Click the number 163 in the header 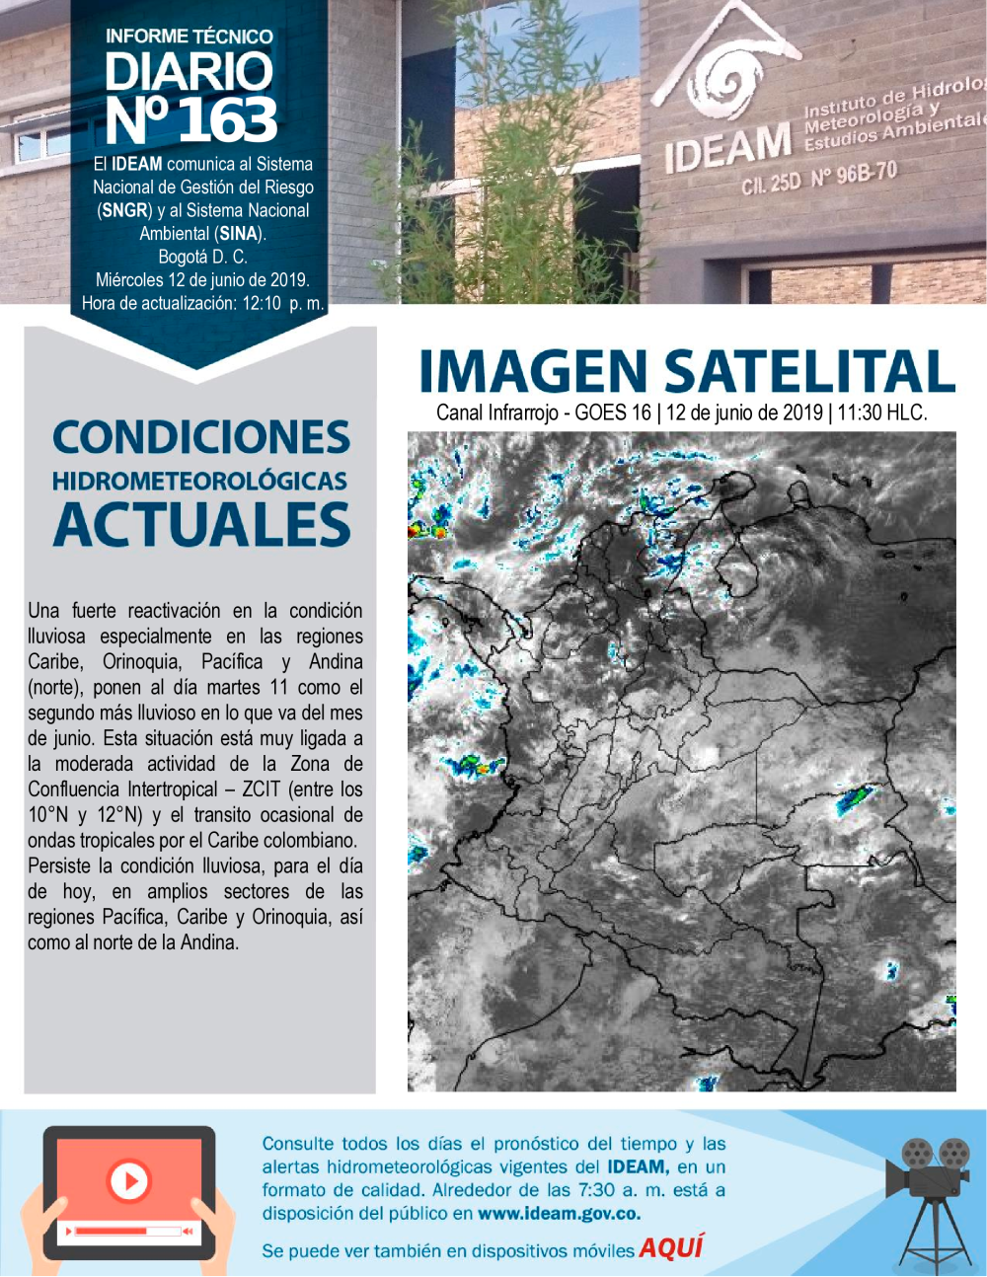click(227, 120)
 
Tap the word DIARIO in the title click(189, 72)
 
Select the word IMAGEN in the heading click(534, 372)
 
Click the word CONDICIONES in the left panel click(201, 437)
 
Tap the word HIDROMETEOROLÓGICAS click(200, 482)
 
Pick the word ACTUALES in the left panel click(202, 524)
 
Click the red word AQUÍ click(670, 1248)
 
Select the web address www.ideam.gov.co click(559, 1214)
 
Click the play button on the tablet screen click(128, 1179)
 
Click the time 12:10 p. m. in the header click(283, 304)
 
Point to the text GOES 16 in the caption click(613, 413)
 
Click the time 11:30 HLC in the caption click(881, 413)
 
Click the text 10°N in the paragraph click(47, 815)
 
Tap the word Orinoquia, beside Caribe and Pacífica click(141, 662)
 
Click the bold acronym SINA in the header click(240, 234)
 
